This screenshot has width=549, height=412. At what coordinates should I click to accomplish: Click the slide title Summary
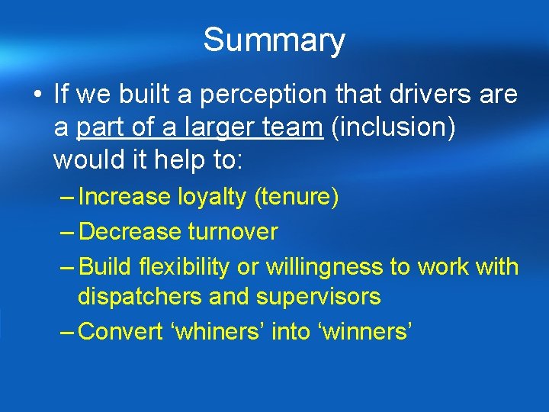(x=274, y=40)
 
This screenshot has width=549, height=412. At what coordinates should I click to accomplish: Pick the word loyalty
(x=213, y=198)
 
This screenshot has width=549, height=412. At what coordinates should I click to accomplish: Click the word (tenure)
(x=297, y=198)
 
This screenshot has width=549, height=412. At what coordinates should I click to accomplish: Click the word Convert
(x=121, y=332)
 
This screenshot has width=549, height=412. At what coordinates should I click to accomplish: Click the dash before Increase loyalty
(x=66, y=198)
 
